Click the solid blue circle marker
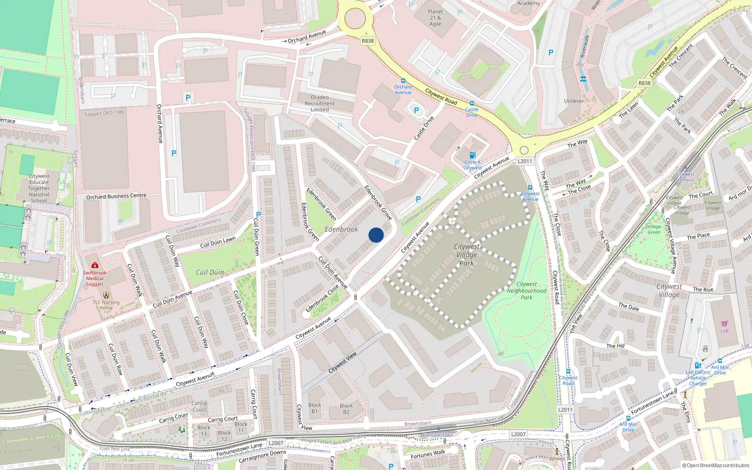(x=376, y=235)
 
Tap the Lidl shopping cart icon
(x=724, y=324)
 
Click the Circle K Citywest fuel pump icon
(x=472, y=155)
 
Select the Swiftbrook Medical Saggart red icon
(x=95, y=266)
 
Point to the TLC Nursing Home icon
(x=106, y=295)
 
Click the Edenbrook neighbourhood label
(x=342, y=229)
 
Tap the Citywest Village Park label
(x=466, y=255)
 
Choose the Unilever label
(x=574, y=101)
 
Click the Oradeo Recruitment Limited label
(x=320, y=103)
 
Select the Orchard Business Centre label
(x=116, y=196)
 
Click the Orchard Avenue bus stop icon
(x=403, y=81)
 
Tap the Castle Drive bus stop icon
(x=471, y=103)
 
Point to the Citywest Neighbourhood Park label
(x=526, y=290)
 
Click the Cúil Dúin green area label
(x=210, y=272)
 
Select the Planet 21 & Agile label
(x=435, y=18)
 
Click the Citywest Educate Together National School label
(x=39, y=188)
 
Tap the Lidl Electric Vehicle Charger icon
(x=697, y=366)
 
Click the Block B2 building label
(x=346, y=408)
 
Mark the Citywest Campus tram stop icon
(x=685, y=168)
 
